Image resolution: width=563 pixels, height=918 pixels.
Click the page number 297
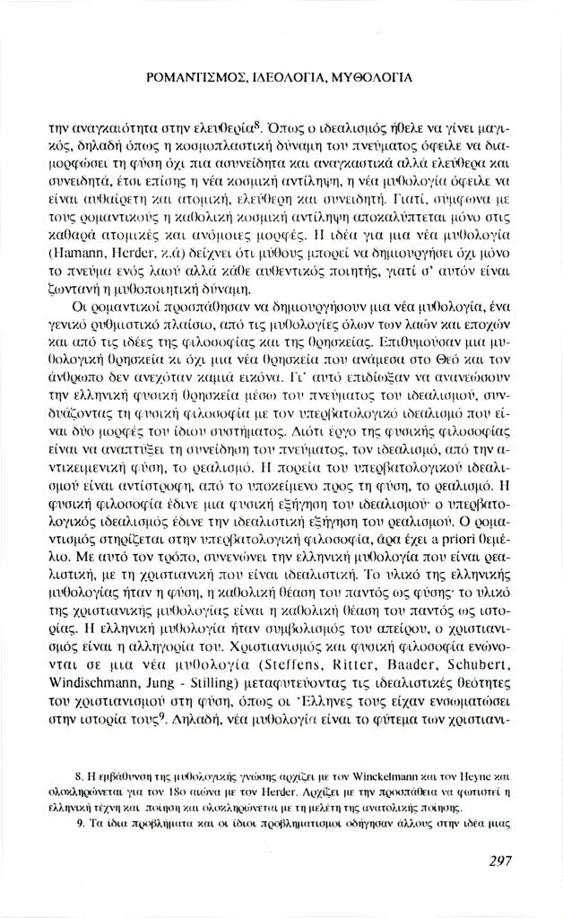[x=500, y=861]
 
